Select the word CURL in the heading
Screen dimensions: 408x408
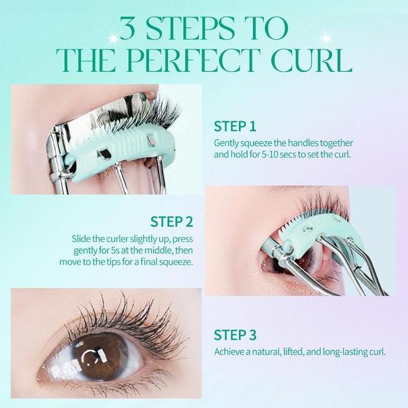(x=315, y=60)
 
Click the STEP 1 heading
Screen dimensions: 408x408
(x=235, y=127)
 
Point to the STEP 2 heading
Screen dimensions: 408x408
(x=171, y=222)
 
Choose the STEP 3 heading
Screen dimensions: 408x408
(x=235, y=335)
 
